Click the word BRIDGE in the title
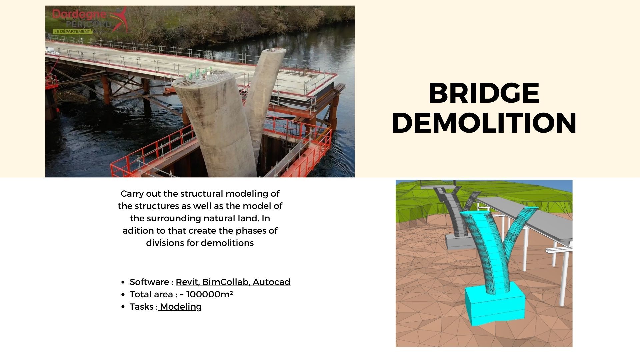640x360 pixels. tap(484, 93)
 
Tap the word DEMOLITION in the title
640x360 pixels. tap(484, 123)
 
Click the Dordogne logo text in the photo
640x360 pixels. tap(79, 14)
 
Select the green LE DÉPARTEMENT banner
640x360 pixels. tap(72, 31)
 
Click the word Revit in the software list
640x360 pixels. tap(188, 282)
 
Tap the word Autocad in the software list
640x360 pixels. tap(271, 282)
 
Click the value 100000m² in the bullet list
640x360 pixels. tap(209, 294)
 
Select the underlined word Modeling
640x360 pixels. tap(181, 307)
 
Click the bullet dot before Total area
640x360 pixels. tap(123, 295)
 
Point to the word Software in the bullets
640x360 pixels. tap(149, 282)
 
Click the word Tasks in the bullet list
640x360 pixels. tap(142, 307)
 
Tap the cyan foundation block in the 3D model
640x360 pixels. tap(495, 305)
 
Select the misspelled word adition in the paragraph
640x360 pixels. tap(135, 231)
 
